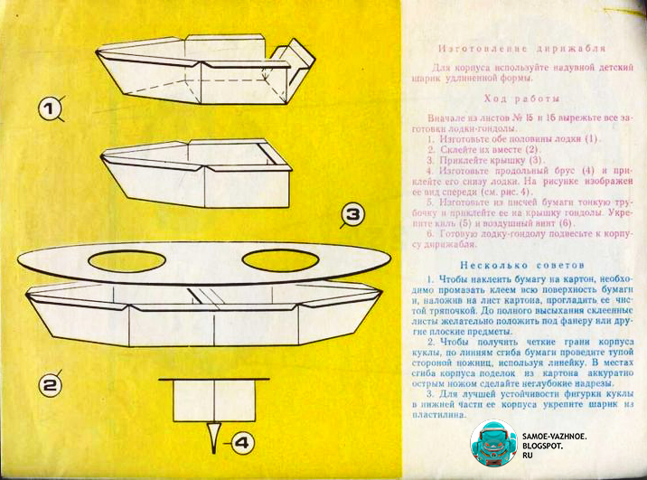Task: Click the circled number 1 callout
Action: [51, 111]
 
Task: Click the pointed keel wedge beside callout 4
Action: [214, 438]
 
